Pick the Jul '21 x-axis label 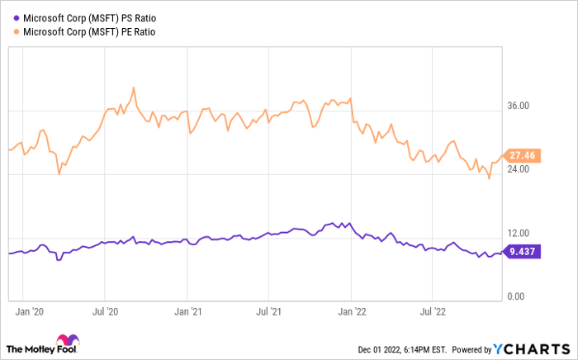click(x=268, y=313)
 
